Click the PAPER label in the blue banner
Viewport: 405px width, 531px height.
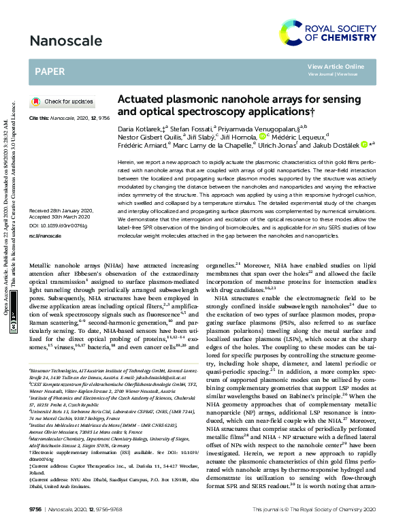[x=51, y=70]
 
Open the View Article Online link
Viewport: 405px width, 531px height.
[x=336, y=66]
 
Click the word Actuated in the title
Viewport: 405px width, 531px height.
[x=140, y=98]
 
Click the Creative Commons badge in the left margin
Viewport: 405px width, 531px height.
[x=14, y=326]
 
